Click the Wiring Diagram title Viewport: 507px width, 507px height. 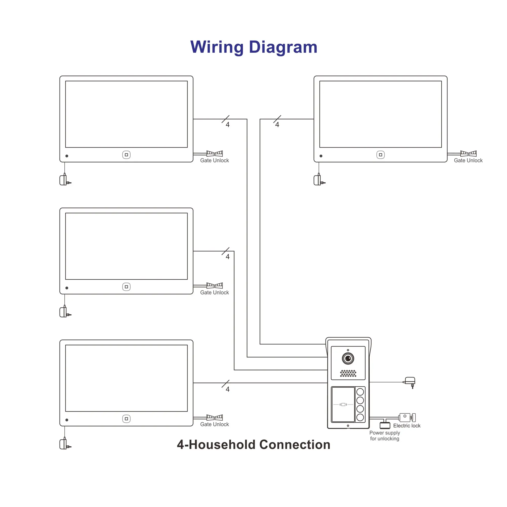[x=253, y=47]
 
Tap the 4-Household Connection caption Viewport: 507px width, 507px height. [x=253, y=445]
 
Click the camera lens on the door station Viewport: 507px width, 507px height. [x=348, y=358]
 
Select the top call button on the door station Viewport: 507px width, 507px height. [x=360, y=392]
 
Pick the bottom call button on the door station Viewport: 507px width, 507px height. [x=360, y=417]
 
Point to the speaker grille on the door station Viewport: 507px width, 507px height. [x=348, y=373]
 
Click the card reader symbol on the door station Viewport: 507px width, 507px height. [x=343, y=404]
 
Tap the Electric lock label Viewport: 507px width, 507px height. [x=407, y=426]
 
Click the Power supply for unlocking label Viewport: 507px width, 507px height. [x=385, y=436]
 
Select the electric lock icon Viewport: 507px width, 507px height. [x=407, y=417]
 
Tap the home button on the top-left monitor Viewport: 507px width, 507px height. [x=126, y=155]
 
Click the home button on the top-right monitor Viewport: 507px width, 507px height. [x=380, y=155]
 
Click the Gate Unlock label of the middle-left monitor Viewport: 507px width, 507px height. [x=214, y=292]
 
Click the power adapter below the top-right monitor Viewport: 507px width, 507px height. [x=318, y=180]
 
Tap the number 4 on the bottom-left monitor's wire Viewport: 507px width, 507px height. [x=228, y=389]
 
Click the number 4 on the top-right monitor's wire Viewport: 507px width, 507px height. [x=277, y=125]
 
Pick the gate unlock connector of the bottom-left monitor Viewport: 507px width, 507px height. [x=214, y=417]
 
